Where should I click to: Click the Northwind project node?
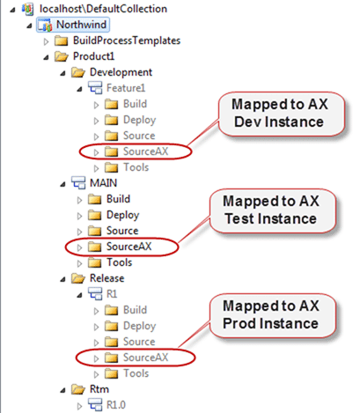click(x=81, y=25)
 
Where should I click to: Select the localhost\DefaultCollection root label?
click(x=103, y=9)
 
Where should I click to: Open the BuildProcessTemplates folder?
click(x=127, y=41)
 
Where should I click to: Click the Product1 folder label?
click(x=93, y=56)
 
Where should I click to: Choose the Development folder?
click(x=121, y=72)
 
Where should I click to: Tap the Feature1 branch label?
click(x=126, y=88)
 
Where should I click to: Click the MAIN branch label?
click(x=103, y=183)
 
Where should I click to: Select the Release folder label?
click(x=107, y=278)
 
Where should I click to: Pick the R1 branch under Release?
click(x=112, y=294)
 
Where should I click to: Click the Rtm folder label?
click(x=99, y=389)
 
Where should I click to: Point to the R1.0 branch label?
click(x=116, y=405)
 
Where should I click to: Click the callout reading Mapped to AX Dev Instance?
click(x=281, y=114)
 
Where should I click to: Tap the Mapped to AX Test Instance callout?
click(x=272, y=210)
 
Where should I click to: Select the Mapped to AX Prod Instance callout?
click(x=272, y=315)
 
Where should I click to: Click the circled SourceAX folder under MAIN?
click(x=129, y=247)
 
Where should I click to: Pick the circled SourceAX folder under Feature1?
click(x=145, y=151)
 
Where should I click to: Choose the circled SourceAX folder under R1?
click(x=145, y=358)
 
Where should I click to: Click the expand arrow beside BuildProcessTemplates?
click(x=46, y=41)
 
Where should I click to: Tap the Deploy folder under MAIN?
click(x=122, y=215)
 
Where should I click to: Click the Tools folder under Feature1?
click(x=136, y=167)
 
